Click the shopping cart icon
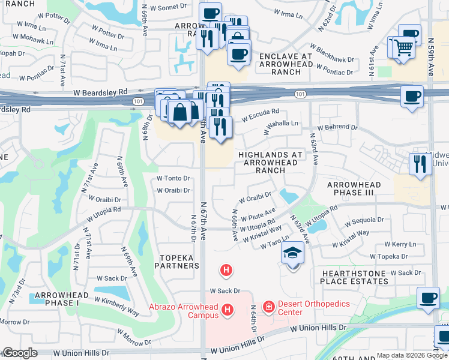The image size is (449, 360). click(x=403, y=46)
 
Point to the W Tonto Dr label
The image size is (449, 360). click(x=173, y=178)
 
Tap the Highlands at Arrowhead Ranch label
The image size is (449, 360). click(x=270, y=162)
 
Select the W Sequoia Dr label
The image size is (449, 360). click(x=363, y=221)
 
